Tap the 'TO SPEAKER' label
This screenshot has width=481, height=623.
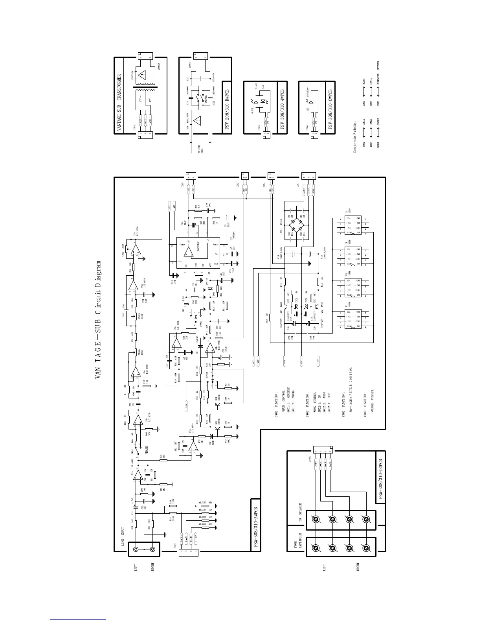pos(300,513)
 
